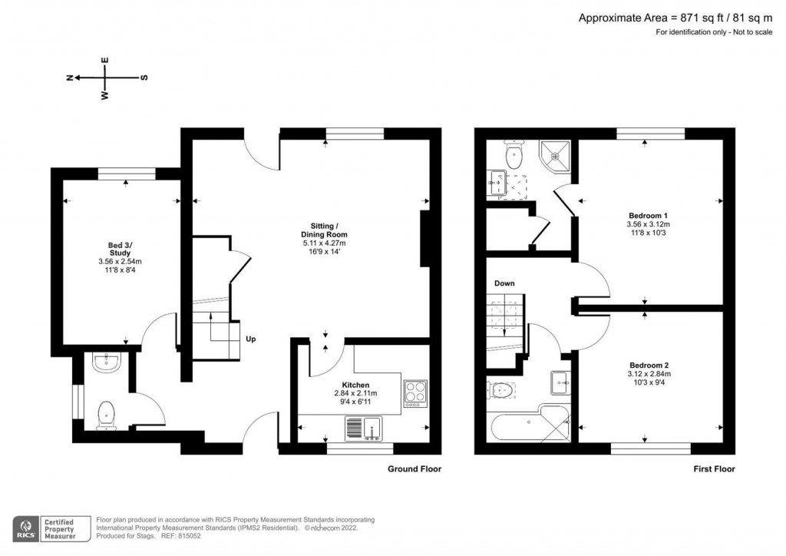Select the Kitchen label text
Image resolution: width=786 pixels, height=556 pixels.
(x=355, y=385)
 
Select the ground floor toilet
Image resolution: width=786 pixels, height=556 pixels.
(x=105, y=415)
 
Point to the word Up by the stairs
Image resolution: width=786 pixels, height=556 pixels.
(x=250, y=339)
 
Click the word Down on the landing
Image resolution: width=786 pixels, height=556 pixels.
(x=504, y=283)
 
